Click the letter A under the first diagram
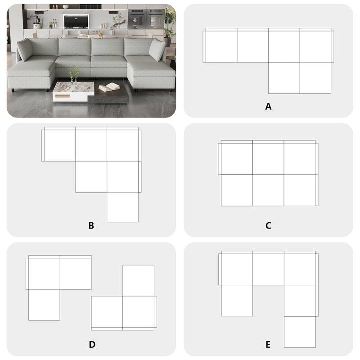(269, 107)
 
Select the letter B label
(91, 225)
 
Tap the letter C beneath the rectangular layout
(268, 225)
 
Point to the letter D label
(92, 345)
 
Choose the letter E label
(268, 345)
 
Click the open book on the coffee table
(109, 87)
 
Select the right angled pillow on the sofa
(158, 49)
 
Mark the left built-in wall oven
(135, 18)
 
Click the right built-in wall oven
(155, 18)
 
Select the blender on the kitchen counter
(37, 21)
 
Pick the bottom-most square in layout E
(300, 332)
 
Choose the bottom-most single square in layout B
(122, 207)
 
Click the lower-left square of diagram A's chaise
(284, 78)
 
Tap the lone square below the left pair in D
(44, 305)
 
